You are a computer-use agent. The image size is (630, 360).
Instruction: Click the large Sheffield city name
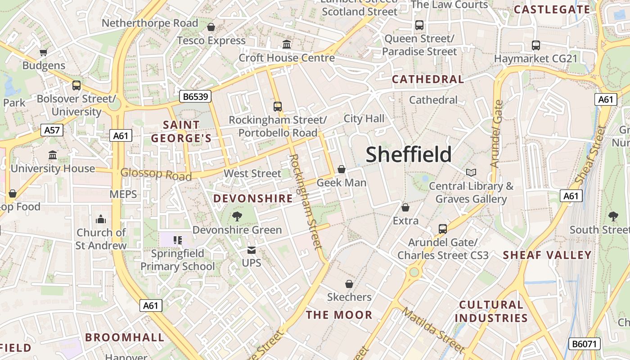click(408, 154)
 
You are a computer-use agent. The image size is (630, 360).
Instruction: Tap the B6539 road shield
click(195, 96)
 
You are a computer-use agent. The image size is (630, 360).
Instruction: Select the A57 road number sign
click(52, 130)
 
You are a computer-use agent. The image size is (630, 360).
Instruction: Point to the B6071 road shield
click(585, 344)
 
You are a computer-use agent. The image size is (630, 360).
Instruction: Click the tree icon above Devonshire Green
click(237, 216)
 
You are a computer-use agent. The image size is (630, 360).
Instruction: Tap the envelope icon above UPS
click(251, 250)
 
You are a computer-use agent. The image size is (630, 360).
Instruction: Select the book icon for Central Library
click(471, 172)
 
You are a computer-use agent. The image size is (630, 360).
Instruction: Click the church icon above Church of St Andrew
click(101, 219)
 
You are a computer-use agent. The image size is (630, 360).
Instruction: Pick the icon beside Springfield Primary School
click(178, 240)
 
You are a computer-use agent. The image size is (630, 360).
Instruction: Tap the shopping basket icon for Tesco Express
click(211, 27)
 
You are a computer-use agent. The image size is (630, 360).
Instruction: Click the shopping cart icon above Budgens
click(44, 52)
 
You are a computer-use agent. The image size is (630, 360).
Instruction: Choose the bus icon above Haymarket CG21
click(535, 45)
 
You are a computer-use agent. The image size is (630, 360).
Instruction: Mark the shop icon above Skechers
click(349, 284)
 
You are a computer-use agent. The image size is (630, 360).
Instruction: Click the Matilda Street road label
click(433, 329)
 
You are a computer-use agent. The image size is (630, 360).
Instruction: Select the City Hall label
click(364, 118)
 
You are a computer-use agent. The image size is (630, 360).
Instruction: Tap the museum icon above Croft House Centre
click(287, 44)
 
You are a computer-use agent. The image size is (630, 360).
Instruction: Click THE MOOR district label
click(339, 315)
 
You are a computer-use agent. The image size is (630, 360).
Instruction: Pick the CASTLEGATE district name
click(552, 9)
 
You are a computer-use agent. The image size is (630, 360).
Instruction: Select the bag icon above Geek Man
click(342, 169)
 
